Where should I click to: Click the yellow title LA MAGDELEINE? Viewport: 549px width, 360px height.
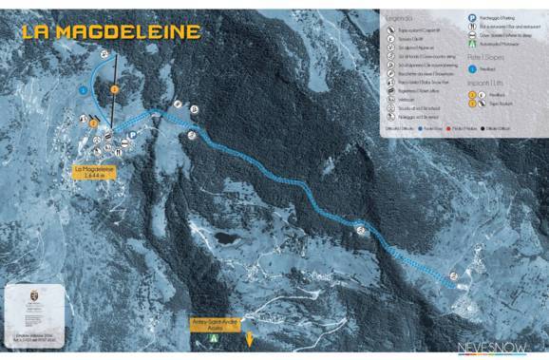coord(111,32)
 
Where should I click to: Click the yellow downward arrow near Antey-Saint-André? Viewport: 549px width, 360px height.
coord(250,339)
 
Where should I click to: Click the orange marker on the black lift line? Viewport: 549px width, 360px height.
coord(114,88)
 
